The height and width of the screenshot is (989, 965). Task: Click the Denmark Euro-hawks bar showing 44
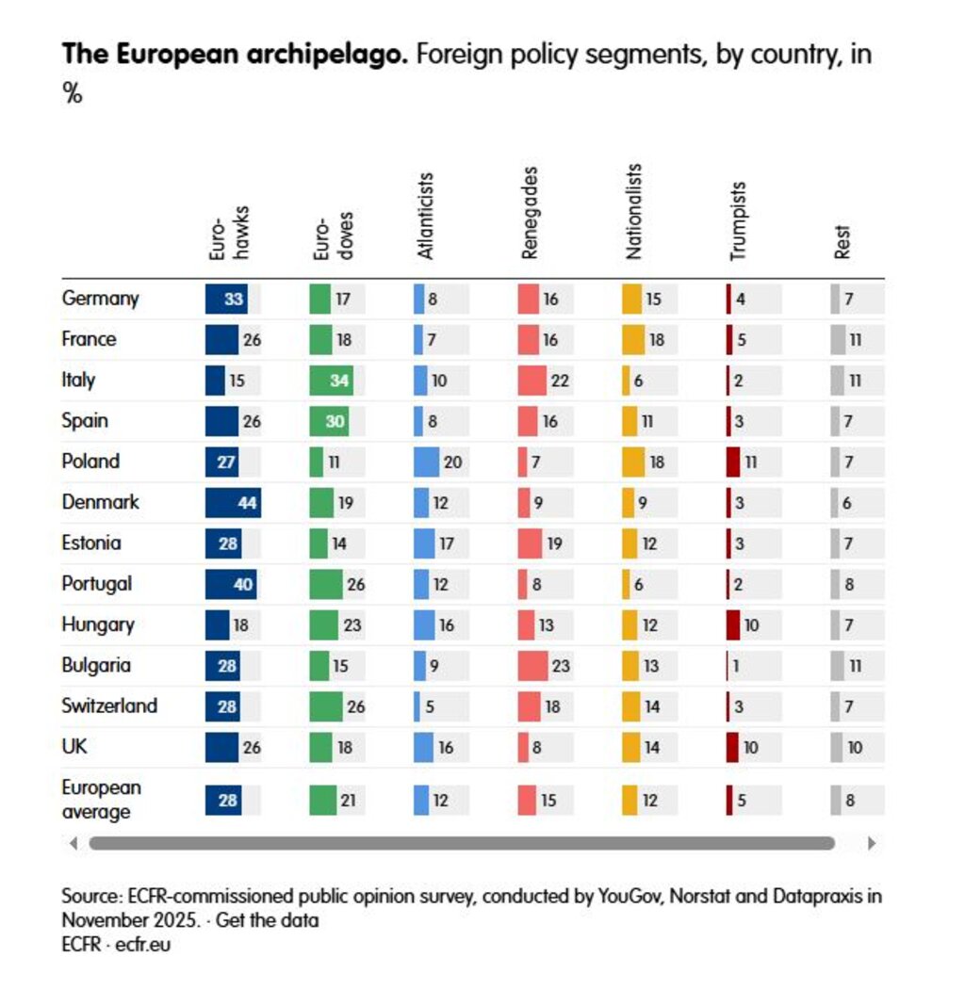(233, 502)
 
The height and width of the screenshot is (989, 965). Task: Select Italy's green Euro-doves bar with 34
(331, 380)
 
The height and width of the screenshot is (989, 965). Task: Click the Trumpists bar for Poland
(733, 462)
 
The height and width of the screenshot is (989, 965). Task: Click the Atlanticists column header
(425, 216)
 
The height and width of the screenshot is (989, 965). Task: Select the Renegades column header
(530, 214)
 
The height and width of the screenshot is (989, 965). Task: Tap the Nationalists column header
(634, 212)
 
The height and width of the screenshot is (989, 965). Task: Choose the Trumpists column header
(738, 220)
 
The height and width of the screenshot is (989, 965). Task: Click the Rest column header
(842, 242)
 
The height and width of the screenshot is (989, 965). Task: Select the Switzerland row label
(109, 705)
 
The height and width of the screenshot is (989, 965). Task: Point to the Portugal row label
(96, 583)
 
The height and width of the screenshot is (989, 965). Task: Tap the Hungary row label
(98, 624)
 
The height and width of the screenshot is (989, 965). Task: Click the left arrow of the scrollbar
(74, 843)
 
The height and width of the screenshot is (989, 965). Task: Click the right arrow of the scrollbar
(871, 843)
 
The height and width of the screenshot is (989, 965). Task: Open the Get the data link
(268, 920)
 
